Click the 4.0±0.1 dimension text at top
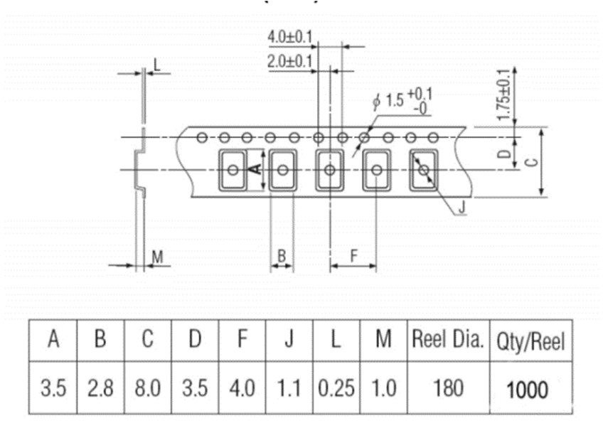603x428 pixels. [290, 36]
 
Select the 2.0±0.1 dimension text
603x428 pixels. [290, 62]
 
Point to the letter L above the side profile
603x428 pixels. [157, 65]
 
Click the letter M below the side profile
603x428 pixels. [157, 257]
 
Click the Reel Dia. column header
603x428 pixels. [447, 340]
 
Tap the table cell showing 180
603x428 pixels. [447, 388]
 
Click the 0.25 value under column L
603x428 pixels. [336, 388]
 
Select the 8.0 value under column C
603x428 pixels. [147, 388]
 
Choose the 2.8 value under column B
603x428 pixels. [100, 388]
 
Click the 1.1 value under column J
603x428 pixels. [289, 388]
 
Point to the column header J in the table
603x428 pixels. [289, 341]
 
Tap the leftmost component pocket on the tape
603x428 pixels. [233, 170]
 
